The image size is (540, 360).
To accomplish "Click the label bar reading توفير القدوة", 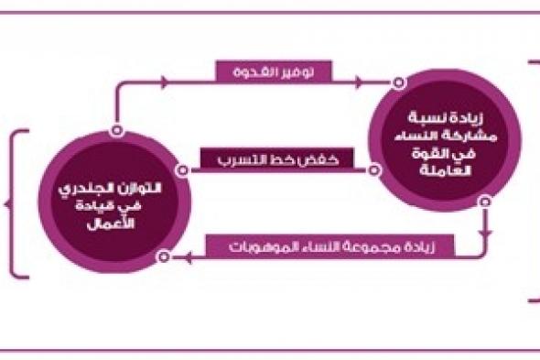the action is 274,71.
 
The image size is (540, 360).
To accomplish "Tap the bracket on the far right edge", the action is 532,179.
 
